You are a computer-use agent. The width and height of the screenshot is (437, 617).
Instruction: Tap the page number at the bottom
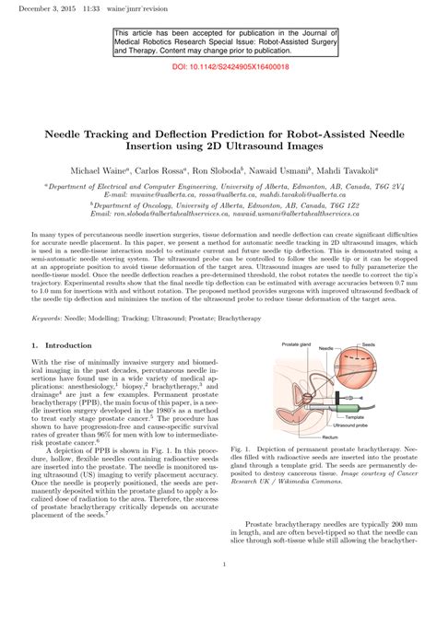click(218, 591)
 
